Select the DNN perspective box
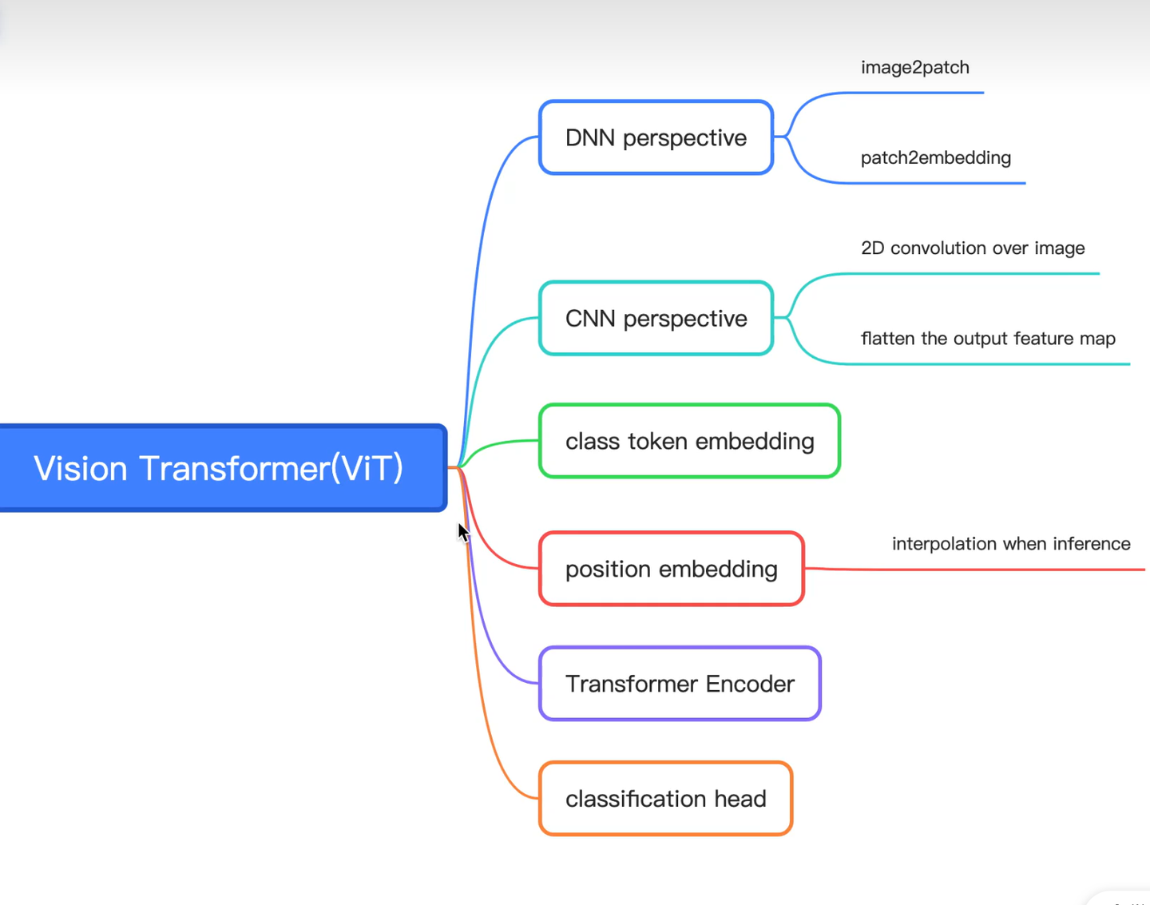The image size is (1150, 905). [656, 137]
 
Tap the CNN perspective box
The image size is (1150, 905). [656, 319]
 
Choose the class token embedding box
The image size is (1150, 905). [689, 441]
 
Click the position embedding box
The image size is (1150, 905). [671, 569]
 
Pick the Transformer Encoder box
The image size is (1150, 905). [680, 684]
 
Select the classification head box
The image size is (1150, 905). [665, 799]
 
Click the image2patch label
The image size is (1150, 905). [914, 68]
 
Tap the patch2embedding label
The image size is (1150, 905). [935, 158]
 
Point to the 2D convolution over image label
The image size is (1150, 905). [972, 248]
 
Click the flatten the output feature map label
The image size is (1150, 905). [987, 339]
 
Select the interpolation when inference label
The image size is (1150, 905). [1010, 544]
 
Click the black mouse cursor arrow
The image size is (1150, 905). [463, 533]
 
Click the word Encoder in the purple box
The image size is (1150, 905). [750, 684]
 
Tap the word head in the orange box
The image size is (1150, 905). [740, 799]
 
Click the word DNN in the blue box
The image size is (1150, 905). [589, 137]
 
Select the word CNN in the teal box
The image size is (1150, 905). [589, 319]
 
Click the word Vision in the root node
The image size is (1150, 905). [80, 468]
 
